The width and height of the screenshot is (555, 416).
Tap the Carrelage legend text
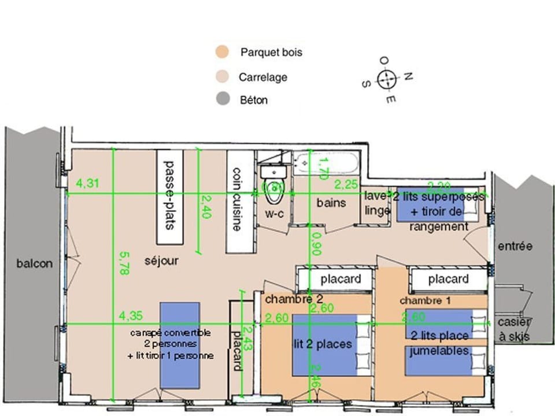pyautogui.click(x=262, y=77)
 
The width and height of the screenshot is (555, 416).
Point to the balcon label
pyautogui.click(x=35, y=263)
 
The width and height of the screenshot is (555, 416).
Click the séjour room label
pyautogui.click(x=161, y=261)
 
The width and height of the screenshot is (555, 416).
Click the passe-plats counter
pyautogui.click(x=169, y=197)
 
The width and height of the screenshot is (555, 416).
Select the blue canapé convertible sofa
pyautogui.click(x=180, y=344)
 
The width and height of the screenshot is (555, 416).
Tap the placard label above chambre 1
pyautogui.click(x=448, y=280)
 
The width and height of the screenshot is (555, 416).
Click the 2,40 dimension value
pyautogui.click(x=206, y=207)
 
